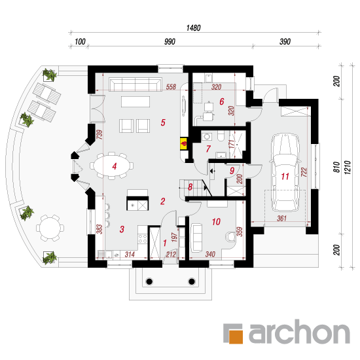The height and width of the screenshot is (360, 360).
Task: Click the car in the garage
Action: tap(285, 173)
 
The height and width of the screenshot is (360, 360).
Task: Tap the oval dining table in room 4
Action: tap(112, 166)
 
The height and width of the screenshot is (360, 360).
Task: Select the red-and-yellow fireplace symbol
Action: tap(184, 144)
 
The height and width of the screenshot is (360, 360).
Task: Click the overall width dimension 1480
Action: tap(193, 28)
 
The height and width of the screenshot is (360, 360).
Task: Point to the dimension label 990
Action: tap(170, 41)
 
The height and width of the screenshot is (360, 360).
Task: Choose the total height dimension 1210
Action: tap(348, 168)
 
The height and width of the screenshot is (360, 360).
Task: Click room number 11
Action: tap(285, 176)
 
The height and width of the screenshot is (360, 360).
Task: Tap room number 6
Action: tap(221, 101)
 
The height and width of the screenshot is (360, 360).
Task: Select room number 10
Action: tap(216, 222)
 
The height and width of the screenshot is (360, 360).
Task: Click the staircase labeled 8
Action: tap(195, 188)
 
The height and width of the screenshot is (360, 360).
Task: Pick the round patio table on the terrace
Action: tap(50, 228)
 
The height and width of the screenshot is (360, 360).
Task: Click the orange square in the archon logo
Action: tap(236, 336)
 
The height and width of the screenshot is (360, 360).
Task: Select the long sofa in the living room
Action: tap(135, 84)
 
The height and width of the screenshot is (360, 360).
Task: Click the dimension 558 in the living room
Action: tap(171, 87)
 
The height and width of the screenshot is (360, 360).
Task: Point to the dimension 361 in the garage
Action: tap(281, 218)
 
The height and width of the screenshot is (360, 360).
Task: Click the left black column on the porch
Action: tap(149, 281)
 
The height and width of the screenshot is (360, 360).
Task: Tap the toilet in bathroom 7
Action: tap(221, 136)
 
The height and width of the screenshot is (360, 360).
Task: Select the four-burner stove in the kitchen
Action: tap(142, 238)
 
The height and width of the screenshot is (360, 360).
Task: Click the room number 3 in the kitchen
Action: tap(122, 229)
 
